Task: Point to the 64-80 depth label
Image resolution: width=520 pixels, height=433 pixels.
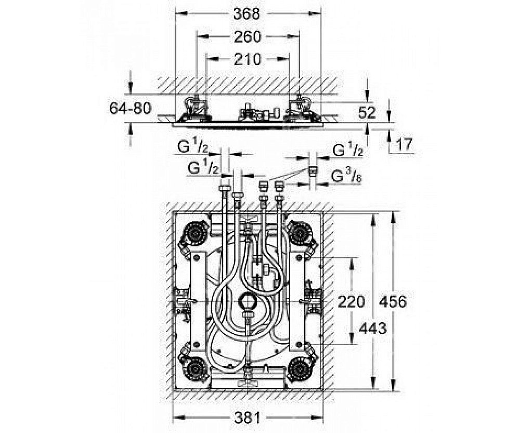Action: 130,109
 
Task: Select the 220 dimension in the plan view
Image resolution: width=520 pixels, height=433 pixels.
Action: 352,301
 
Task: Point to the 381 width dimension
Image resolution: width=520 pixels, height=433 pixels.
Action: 248,417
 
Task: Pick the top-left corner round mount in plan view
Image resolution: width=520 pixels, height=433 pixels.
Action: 196,234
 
